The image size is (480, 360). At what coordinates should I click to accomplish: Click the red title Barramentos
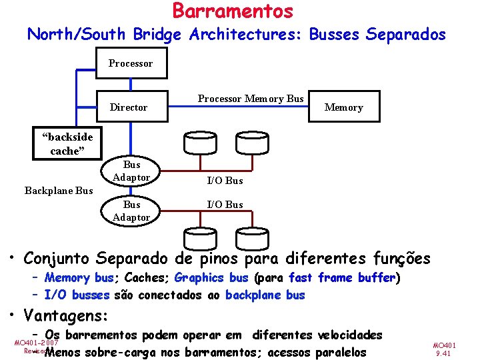click(x=233, y=11)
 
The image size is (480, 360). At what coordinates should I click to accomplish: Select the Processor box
click(x=131, y=64)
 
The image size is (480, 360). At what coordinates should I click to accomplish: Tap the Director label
click(x=129, y=107)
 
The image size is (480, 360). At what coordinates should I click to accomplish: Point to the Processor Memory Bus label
click(x=251, y=99)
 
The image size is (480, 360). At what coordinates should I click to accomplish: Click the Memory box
click(x=344, y=107)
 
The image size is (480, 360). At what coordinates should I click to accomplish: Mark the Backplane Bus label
click(x=59, y=191)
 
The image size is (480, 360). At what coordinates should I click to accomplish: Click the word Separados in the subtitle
click(x=406, y=34)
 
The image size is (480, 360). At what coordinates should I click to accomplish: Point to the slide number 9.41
click(x=444, y=354)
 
